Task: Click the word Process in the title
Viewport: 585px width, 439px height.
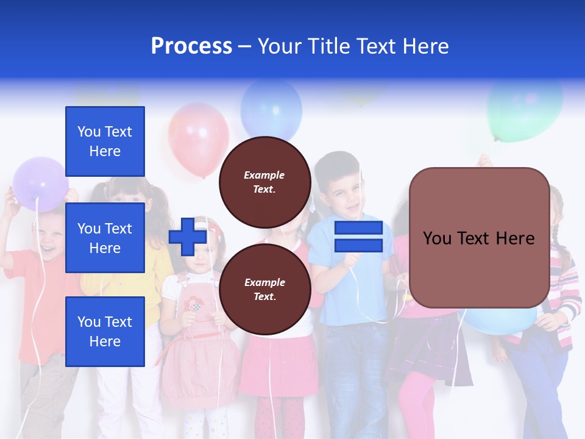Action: (191, 46)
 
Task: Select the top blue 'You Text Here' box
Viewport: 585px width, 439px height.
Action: (105, 141)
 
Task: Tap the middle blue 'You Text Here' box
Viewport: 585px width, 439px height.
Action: (105, 238)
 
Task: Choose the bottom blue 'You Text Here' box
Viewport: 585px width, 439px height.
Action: (105, 331)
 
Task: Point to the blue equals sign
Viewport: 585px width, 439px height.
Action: (358, 237)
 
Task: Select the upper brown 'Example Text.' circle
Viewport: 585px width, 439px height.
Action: (264, 182)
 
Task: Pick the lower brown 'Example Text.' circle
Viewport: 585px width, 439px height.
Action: (264, 289)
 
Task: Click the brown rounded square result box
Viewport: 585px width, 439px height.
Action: (479, 238)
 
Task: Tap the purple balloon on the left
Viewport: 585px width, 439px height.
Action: (40, 183)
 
